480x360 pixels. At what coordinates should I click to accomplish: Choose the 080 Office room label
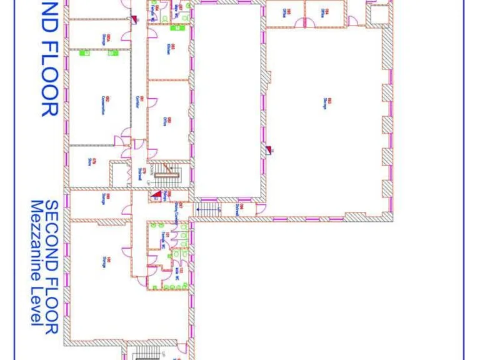pyautogui.click(x=169, y=122)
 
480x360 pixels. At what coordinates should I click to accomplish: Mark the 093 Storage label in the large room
pyautogui.click(x=326, y=103)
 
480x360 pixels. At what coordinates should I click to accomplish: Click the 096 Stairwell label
pyautogui.click(x=237, y=208)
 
